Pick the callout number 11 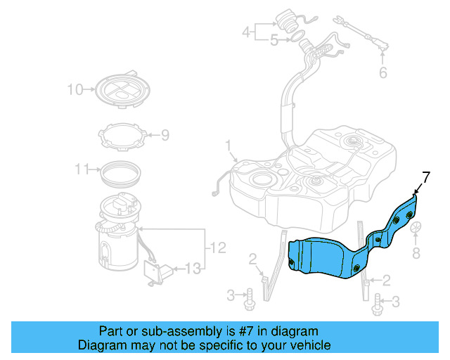coord(82,169)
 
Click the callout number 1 coord(228,145)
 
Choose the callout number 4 coord(247,32)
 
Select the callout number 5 coord(274,41)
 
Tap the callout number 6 coord(383,72)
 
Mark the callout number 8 coord(415,251)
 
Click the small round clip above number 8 coord(416,229)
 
